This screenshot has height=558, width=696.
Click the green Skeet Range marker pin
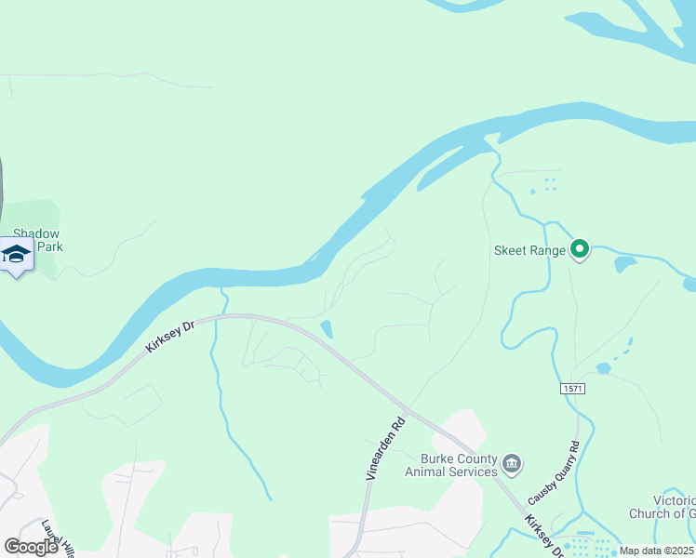pyautogui.click(x=580, y=248)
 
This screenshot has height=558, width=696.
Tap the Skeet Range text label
pyautogui.click(x=529, y=250)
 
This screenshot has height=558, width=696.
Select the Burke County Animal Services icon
pyautogui.click(x=512, y=463)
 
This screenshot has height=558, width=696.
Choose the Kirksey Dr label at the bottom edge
pyautogui.click(x=545, y=537)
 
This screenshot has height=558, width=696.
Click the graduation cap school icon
pyautogui.click(x=17, y=254)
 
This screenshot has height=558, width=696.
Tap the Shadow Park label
pyautogui.click(x=37, y=241)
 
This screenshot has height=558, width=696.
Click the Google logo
pyautogui.click(x=31, y=546)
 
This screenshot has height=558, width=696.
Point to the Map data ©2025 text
pyautogui.click(x=656, y=551)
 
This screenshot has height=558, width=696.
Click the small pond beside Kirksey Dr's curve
pyautogui.click(x=327, y=328)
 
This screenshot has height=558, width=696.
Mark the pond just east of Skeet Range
pyautogui.click(x=624, y=264)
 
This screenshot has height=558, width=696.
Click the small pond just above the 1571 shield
pyautogui.click(x=603, y=368)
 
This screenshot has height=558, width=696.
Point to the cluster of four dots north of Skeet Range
pyautogui.click(x=548, y=184)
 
